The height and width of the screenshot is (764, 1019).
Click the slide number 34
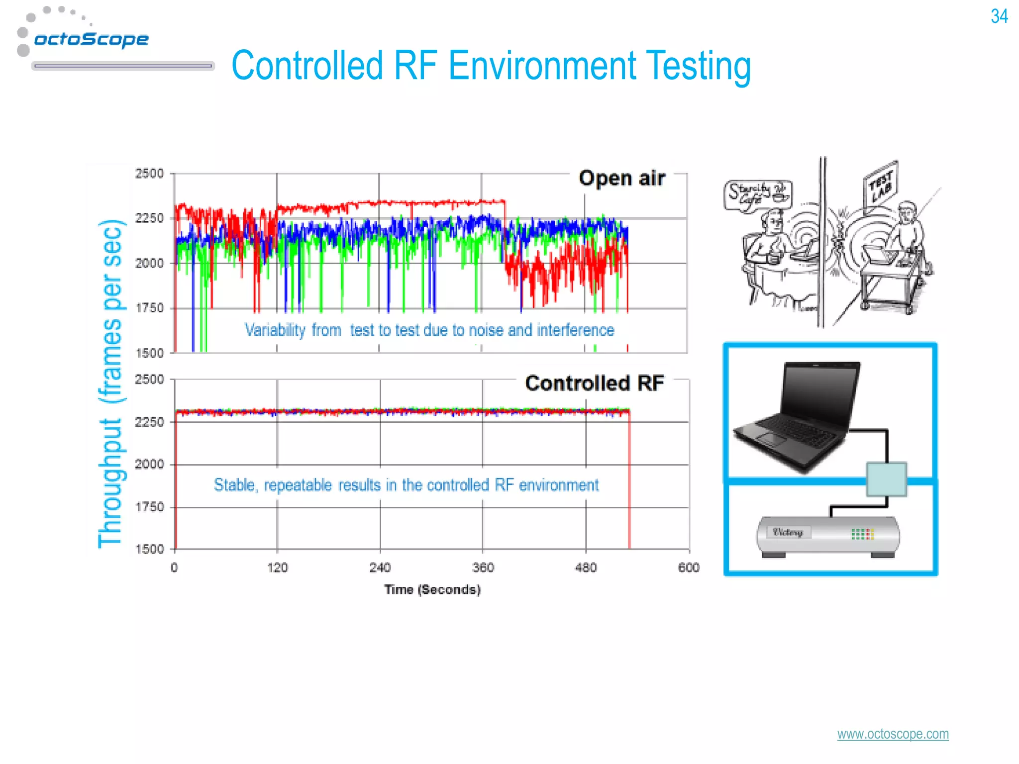point(999,16)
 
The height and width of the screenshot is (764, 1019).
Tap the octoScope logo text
point(91,39)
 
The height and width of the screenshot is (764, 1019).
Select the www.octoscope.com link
point(893,734)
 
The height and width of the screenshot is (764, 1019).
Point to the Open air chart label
point(621,178)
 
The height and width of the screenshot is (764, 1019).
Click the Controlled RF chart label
point(594,383)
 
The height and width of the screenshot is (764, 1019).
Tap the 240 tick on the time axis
point(380,568)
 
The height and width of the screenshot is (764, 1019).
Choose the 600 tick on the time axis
point(689,568)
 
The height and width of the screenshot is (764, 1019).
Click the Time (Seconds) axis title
point(432,589)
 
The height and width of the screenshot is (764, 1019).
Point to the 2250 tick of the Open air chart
point(149,218)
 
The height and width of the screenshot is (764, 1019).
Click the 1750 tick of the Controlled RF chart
point(149,507)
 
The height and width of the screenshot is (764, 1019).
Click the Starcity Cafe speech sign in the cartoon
point(757,194)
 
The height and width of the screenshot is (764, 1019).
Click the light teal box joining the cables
point(886,479)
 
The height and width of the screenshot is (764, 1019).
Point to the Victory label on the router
point(788,532)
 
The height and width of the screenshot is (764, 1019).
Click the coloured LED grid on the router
point(862,534)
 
